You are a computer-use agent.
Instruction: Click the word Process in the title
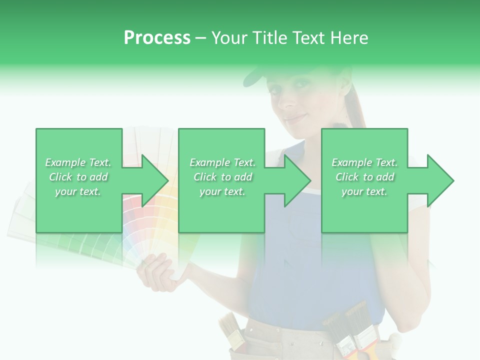click(157, 37)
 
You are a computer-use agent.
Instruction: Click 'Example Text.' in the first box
click(78, 162)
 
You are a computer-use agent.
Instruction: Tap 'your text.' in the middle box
click(222, 191)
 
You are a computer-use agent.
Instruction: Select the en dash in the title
click(200, 38)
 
